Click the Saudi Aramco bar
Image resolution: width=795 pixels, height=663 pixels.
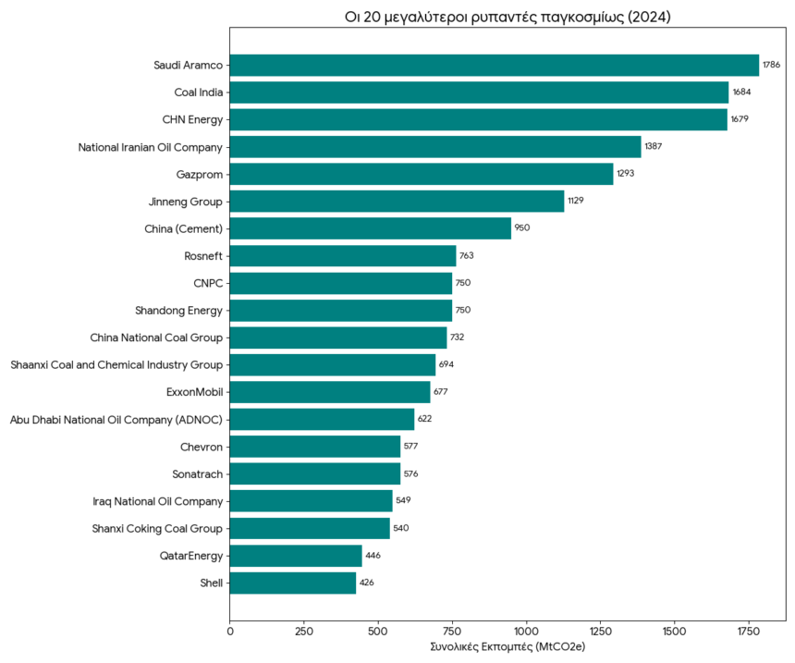click(494, 65)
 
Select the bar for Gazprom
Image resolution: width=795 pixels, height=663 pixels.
click(422, 174)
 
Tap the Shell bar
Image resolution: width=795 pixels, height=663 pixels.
click(293, 583)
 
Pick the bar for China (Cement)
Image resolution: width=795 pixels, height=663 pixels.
click(371, 228)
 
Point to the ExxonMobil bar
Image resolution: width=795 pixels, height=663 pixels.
click(330, 392)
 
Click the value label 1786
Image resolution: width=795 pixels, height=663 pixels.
click(771, 65)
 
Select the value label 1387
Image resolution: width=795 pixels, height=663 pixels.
click(653, 147)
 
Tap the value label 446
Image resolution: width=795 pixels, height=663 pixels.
click(373, 556)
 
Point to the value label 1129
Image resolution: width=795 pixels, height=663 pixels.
click(576, 202)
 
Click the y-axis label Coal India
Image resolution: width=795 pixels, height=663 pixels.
click(199, 92)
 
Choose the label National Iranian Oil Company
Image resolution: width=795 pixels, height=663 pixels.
click(151, 147)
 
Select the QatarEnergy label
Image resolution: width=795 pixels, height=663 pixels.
click(191, 556)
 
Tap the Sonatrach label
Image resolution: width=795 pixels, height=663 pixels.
click(198, 474)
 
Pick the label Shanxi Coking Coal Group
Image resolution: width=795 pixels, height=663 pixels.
click(157, 529)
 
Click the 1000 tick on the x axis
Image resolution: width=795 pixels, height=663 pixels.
click(526, 631)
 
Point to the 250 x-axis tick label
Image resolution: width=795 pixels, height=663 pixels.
click(304, 631)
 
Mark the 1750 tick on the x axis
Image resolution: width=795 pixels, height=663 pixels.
click(748, 631)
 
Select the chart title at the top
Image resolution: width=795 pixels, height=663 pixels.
click(508, 17)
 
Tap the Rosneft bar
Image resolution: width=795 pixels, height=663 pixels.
click(343, 256)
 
